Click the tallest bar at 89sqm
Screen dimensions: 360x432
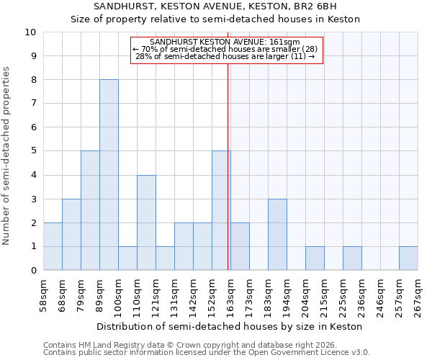click(109, 175)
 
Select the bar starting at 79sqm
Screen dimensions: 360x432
click(90, 210)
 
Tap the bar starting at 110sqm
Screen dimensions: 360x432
click(146, 222)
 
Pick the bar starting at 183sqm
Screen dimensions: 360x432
click(277, 235)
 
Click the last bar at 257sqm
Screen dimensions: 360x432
click(408, 258)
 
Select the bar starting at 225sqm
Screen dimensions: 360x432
click(352, 258)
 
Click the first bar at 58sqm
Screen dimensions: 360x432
click(53, 246)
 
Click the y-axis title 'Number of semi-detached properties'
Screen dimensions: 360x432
click(7, 156)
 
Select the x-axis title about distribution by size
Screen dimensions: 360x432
click(230, 326)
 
